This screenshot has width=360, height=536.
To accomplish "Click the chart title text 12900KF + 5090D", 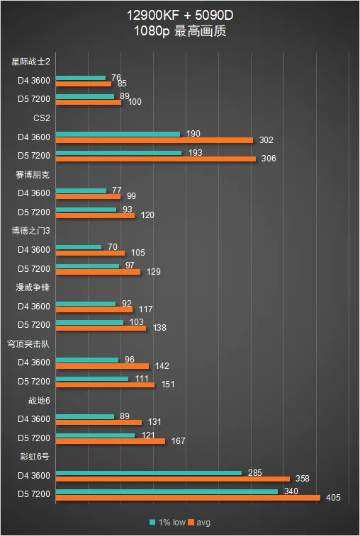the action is (180, 15).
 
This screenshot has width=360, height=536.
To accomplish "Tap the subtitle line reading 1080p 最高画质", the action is (180, 31).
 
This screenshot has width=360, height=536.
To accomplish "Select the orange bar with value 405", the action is (188, 498).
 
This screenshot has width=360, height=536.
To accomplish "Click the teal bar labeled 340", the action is (167, 491).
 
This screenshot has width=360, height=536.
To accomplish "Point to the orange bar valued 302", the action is (154, 140).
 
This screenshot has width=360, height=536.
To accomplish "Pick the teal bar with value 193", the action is (118, 153).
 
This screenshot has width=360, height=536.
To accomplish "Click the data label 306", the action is (269, 159).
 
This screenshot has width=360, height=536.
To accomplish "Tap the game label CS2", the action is (42, 118).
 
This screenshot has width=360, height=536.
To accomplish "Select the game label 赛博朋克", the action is (33, 175).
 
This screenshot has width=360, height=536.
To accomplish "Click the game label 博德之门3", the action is (30, 231).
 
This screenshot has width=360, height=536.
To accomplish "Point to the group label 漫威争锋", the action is (33, 287).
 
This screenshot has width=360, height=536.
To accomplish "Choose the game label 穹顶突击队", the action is (28, 344).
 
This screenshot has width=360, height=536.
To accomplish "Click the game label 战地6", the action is (39, 400).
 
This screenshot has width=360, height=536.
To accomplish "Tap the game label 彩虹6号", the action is (35, 457).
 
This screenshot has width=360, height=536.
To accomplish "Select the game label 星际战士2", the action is (30, 62).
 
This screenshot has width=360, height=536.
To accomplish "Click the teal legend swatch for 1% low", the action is (152, 522).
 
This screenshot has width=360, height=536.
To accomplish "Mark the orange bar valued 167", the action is (110, 441).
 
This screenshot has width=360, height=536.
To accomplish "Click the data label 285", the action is (254, 473).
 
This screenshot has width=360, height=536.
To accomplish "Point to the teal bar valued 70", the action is (79, 247).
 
